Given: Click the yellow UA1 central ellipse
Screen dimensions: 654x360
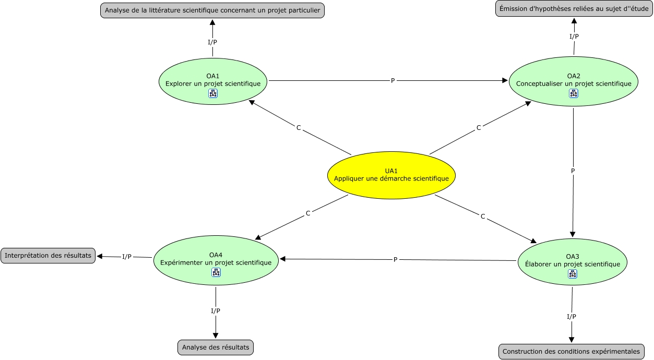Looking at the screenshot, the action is [x=391, y=175].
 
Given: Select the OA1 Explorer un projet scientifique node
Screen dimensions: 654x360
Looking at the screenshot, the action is [x=213, y=81].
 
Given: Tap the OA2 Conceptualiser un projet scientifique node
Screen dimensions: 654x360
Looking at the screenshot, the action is [x=574, y=81].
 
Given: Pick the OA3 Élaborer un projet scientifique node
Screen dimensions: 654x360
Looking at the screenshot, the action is [x=572, y=262].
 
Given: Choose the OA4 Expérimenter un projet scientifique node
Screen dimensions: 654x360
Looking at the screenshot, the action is [x=216, y=260].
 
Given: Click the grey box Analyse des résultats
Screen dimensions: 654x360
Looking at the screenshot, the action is [x=216, y=347].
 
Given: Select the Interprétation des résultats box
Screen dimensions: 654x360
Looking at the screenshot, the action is [x=48, y=256].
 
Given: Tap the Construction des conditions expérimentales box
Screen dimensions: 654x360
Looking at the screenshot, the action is [x=571, y=351].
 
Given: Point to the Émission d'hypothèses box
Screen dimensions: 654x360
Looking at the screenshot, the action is [x=574, y=9].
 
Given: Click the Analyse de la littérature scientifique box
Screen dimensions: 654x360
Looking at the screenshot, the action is [x=212, y=10].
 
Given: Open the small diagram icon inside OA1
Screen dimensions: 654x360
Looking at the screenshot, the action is [x=213, y=93].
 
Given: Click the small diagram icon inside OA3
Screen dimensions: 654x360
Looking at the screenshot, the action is [x=572, y=274].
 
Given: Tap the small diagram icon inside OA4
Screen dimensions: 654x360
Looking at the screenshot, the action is [x=216, y=272].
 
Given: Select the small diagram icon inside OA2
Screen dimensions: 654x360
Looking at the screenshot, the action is [x=574, y=93].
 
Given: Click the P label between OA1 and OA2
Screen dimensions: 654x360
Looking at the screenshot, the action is [x=393, y=80].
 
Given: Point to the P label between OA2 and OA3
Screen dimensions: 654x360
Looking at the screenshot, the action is [x=573, y=171].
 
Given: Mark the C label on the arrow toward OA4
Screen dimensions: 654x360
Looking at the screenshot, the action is [x=308, y=213].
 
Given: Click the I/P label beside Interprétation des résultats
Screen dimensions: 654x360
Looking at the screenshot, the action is [x=127, y=257].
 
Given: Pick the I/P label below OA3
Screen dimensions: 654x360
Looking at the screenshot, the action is [x=572, y=317].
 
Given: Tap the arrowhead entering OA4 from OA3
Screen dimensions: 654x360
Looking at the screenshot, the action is [x=282, y=259].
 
